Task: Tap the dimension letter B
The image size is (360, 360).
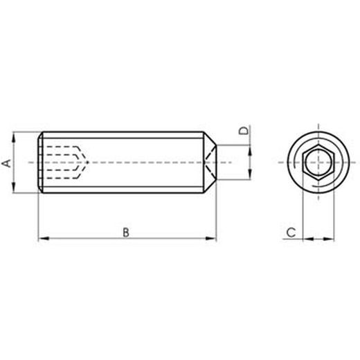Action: (x=125, y=232)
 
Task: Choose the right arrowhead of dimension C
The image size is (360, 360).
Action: (x=330, y=239)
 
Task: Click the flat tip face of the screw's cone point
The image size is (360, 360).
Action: (x=217, y=162)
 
